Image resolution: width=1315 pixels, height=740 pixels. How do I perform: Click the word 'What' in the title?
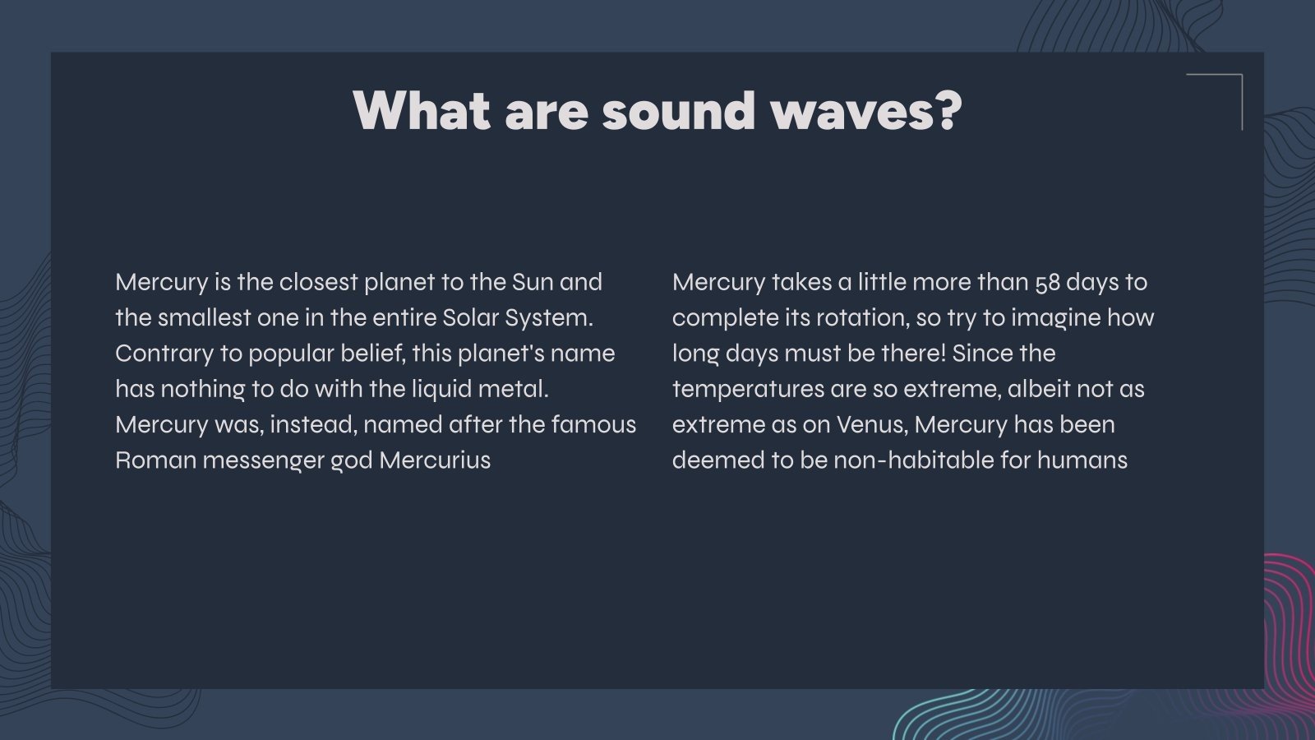pos(422,110)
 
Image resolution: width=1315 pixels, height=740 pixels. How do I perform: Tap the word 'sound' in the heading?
pos(678,110)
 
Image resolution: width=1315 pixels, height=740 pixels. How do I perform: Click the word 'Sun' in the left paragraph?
pos(533,282)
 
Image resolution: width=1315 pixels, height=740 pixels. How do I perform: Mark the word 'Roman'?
pos(155,460)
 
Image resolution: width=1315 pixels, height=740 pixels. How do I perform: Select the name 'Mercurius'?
pos(435,460)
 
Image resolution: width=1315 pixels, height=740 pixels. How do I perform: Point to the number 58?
pos(1047,283)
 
